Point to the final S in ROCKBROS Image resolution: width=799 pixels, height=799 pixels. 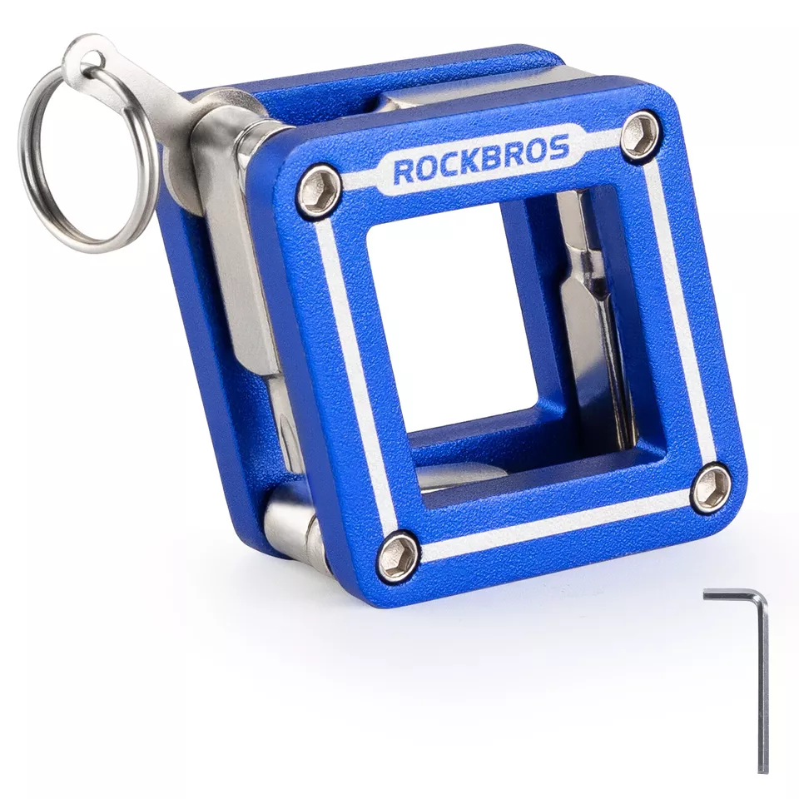tap(559, 149)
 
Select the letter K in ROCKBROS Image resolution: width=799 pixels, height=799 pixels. tap(466, 163)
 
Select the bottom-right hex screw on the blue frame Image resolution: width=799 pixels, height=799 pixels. tap(711, 484)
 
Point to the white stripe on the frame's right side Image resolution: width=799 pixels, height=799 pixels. tap(678, 316)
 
